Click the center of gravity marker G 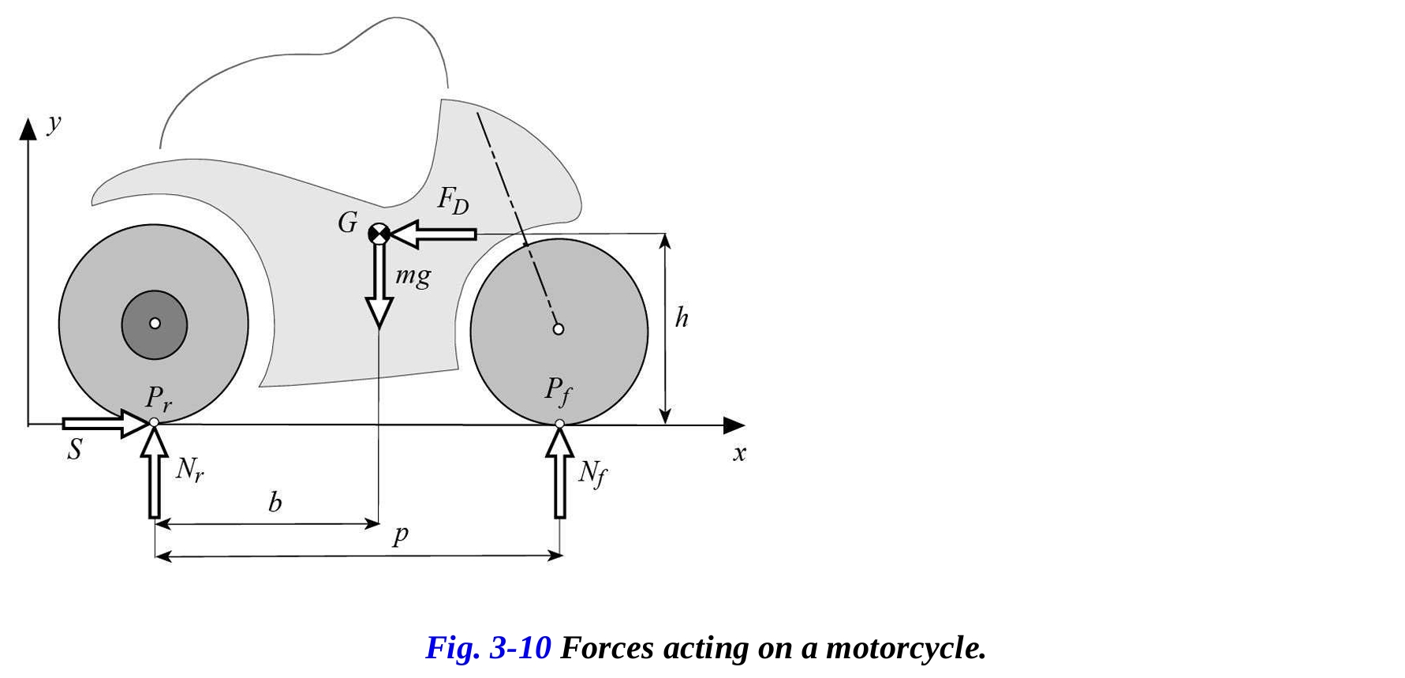tap(379, 234)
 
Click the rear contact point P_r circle tap(154, 423)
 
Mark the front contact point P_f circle tap(560, 424)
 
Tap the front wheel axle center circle tap(559, 329)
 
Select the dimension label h tap(682, 318)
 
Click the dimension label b tap(275, 503)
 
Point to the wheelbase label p tap(401, 535)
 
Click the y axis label tap(54, 123)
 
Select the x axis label tap(739, 453)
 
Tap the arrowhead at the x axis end tap(734, 425)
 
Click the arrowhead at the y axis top tap(28, 129)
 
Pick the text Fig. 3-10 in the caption tap(488, 648)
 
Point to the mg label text tap(413, 276)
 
